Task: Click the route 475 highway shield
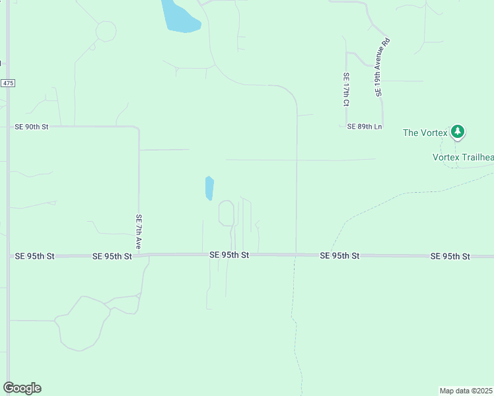point(7,83)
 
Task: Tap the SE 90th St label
point(32,125)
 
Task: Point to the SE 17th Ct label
point(345,90)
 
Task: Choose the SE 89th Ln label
point(365,126)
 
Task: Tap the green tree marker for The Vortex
point(458,132)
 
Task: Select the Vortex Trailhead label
point(462,157)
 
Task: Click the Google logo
point(22,388)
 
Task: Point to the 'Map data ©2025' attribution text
point(466,391)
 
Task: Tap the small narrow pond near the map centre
point(209,188)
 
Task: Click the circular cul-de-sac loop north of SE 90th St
point(106,31)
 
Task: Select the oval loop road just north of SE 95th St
point(226,213)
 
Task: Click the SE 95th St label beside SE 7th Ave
point(112,256)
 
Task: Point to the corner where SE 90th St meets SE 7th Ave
point(137,127)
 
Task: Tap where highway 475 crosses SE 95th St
point(8,255)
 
